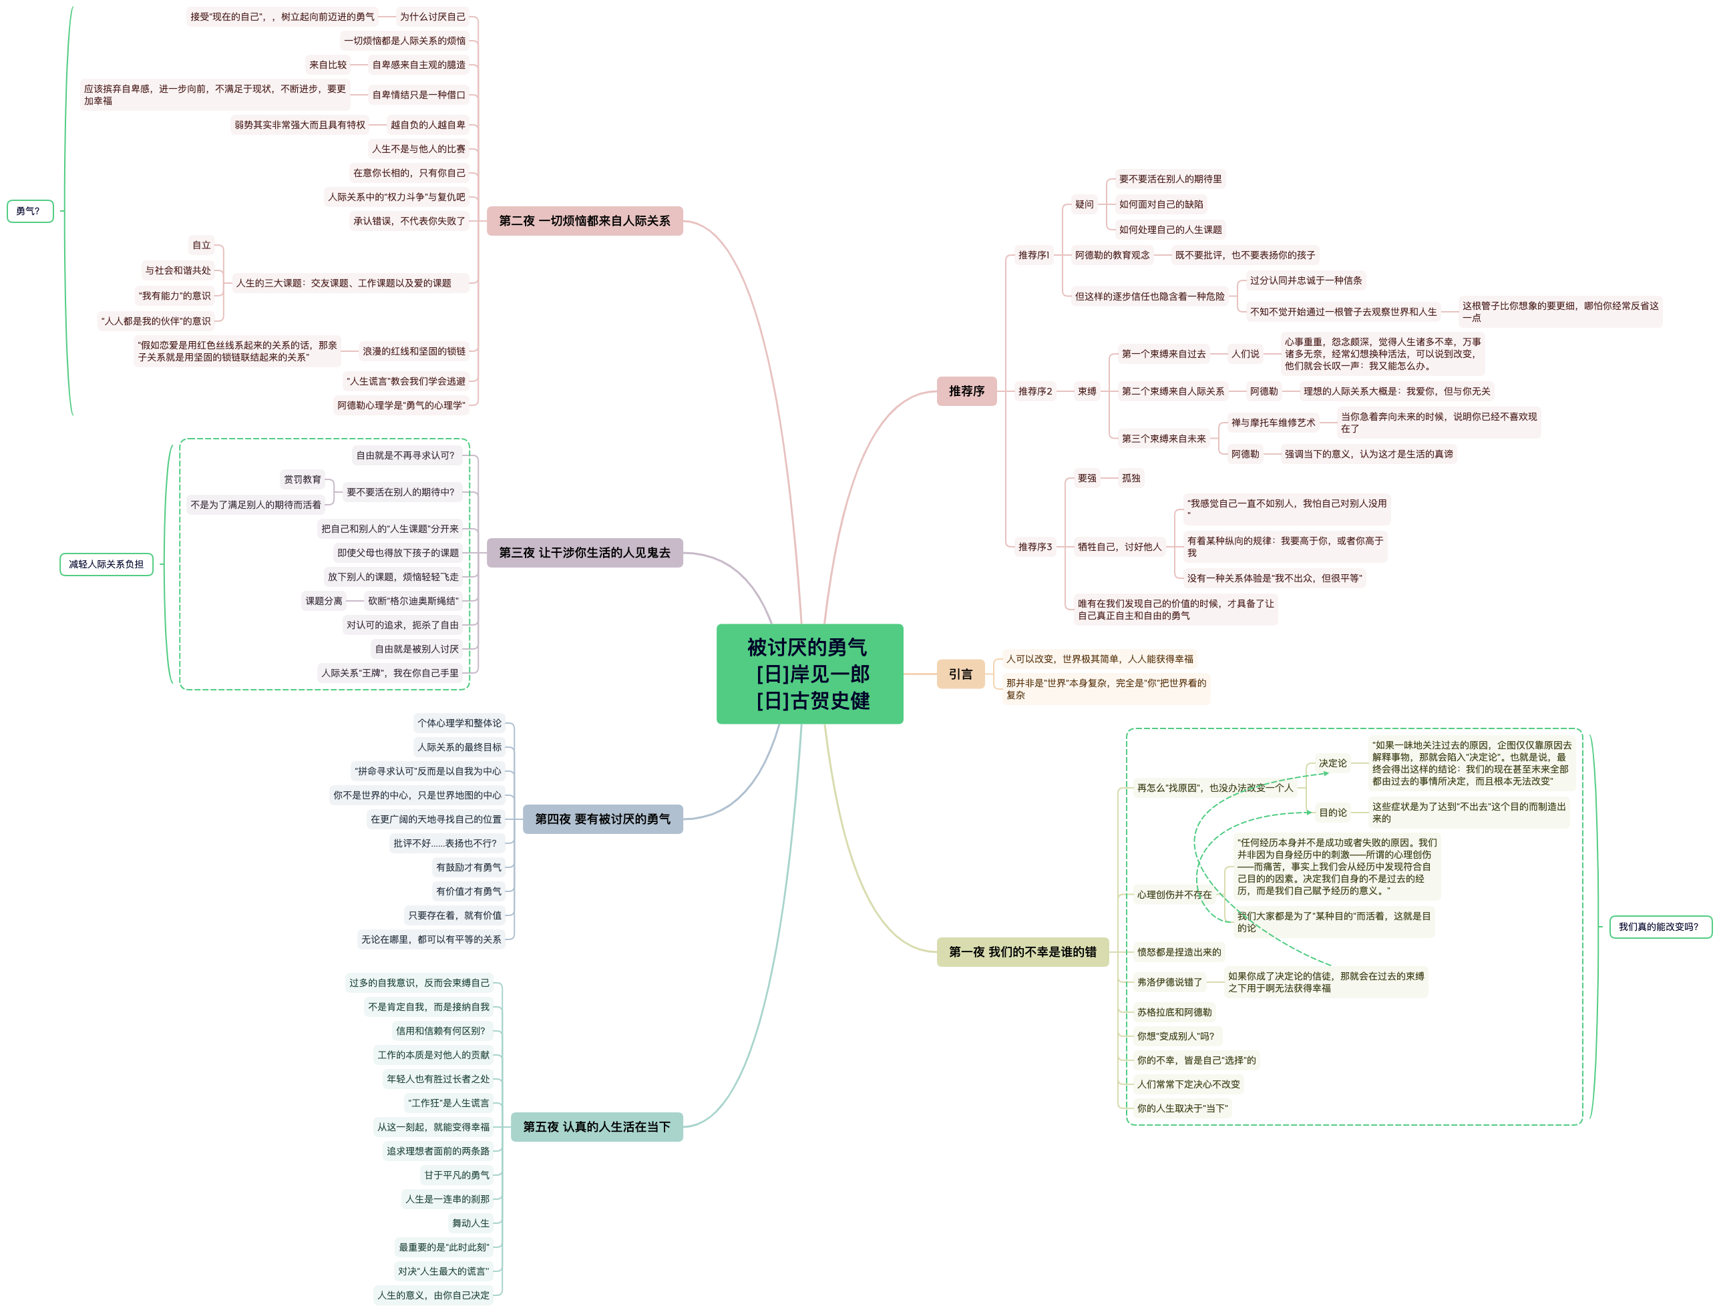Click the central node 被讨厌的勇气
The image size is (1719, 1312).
809,673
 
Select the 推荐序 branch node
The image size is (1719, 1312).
966,391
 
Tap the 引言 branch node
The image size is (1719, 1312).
960,674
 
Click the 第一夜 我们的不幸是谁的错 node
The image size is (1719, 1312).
1022,952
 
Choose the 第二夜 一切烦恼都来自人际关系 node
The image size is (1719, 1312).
584,221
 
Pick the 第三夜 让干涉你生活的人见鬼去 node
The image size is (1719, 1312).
584,553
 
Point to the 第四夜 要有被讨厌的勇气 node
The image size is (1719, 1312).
602,819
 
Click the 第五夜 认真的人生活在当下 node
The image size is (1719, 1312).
596,1127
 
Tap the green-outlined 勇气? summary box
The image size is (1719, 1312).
29,211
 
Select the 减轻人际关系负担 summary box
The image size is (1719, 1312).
106,564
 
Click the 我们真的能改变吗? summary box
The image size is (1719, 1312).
1660,927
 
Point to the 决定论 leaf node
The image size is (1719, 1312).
1332,763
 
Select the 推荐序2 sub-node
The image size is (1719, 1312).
1035,391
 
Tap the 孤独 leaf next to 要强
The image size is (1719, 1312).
1131,478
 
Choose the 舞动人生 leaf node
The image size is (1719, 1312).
471,1223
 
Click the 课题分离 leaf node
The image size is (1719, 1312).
324,600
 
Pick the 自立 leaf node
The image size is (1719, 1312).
202,245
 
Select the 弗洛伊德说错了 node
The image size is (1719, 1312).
1169,981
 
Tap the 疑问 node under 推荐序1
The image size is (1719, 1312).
1084,204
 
